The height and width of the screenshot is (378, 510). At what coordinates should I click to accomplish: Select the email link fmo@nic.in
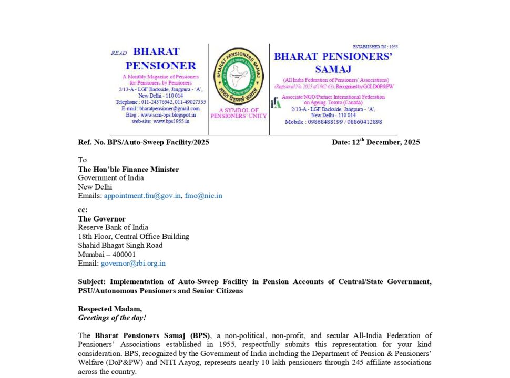click(203, 196)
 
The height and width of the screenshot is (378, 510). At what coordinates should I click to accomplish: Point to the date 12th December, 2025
click(376, 142)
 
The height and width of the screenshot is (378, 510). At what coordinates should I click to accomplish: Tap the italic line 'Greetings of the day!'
click(112, 318)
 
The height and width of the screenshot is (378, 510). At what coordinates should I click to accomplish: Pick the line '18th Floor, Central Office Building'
click(134, 236)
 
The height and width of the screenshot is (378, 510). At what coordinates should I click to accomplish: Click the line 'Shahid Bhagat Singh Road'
click(120, 245)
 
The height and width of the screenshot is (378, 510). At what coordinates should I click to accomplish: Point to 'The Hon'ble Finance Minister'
click(128, 169)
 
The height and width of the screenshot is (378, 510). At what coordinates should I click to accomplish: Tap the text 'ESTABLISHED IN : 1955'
click(375, 47)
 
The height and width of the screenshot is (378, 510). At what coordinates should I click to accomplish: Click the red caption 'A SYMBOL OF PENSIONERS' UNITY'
click(239, 113)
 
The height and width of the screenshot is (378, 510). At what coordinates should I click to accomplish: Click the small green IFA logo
click(276, 103)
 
